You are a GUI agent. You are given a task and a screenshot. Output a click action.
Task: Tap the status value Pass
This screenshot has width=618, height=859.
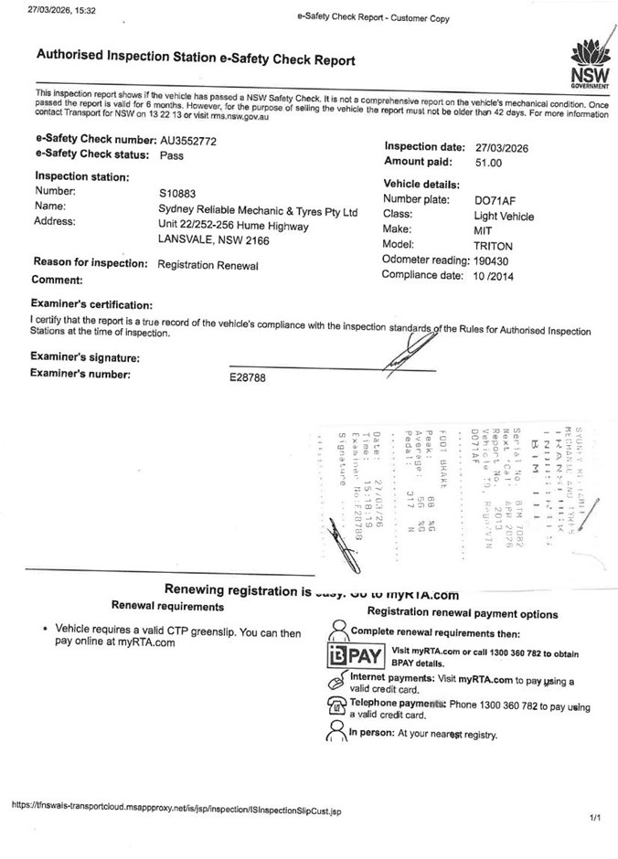point(171,155)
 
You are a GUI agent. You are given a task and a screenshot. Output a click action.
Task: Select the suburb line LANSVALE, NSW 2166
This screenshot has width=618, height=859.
point(213,239)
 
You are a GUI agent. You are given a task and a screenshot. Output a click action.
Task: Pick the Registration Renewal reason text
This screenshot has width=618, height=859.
point(208,265)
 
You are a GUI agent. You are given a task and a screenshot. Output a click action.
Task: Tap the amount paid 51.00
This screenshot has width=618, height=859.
point(488,163)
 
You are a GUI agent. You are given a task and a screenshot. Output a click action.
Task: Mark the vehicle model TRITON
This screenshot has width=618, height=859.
point(493,247)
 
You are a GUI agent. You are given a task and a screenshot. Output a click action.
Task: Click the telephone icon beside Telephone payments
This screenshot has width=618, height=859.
point(335,706)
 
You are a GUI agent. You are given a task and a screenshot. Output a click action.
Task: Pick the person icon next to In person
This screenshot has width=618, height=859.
point(335,734)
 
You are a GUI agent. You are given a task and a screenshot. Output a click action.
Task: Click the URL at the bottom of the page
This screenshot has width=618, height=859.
point(176,807)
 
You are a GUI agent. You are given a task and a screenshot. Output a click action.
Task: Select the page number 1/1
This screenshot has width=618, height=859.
point(595,817)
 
